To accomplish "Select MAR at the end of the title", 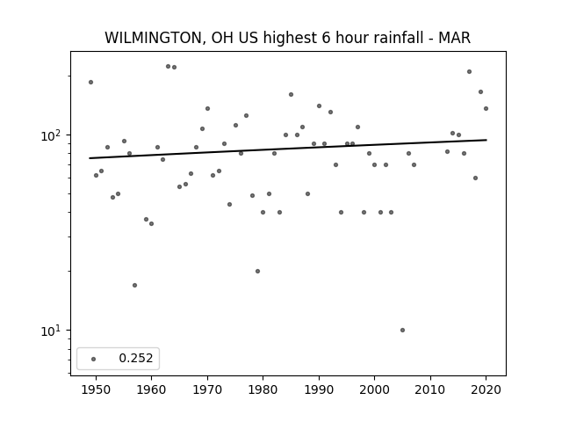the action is click(x=455, y=38).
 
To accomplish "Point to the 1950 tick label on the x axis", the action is click(x=96, y=389).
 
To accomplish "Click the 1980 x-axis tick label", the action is click(x=263, y=389).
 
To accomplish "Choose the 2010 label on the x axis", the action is click(x=430, y=389).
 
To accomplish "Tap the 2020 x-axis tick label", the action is click(x=486, y=389).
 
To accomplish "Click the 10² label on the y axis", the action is click(x=53, y=136).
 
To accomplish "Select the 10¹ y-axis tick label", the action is click(x=53, y=331).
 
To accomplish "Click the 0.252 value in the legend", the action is click(x=136, y=358).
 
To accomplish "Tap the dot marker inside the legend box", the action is click(x=94, y=359).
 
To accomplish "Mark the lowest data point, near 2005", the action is click(x=402, y=331).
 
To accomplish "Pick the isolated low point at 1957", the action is click(x=134, y=285).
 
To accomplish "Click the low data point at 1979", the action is click(x=257, y=272).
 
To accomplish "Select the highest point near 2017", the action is click(x=469, y=72).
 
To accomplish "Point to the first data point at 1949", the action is click(x=90, y=82).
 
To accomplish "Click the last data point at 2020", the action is click(x=486, y=108).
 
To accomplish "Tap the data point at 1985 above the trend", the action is click(x=291, y=94).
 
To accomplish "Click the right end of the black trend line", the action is click(x=486, y=140).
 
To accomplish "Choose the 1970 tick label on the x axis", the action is click(x=207, y=389).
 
